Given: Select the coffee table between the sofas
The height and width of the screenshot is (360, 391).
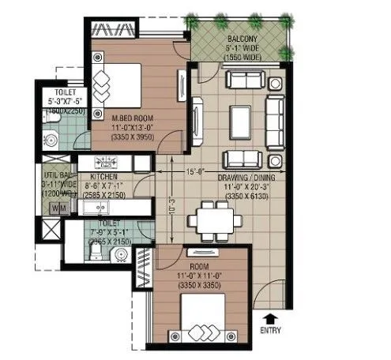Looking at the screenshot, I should pyautogui.click(x=242, y=118).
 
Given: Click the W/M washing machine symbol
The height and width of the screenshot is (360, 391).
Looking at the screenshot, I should pyautogui.click(x=58, y=208).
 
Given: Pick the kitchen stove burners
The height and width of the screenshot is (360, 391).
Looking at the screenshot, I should pyautogui.click(x=109, y=163).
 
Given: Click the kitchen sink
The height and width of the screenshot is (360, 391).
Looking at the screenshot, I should pyautogui.click(x=100, y=208).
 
